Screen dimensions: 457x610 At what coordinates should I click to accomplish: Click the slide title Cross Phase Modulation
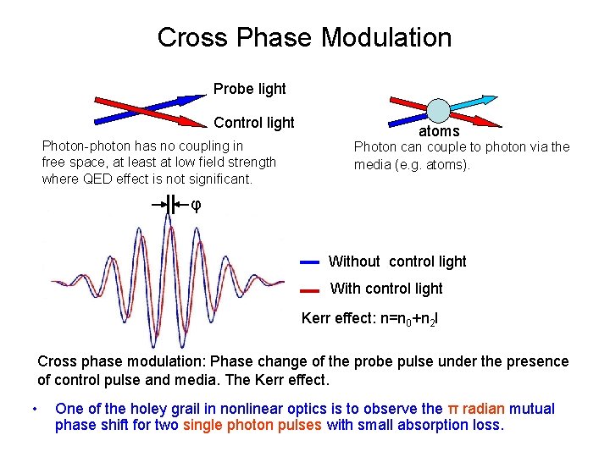[x=304, y=37]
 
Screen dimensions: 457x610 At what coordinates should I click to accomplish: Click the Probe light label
[x=249, y=89]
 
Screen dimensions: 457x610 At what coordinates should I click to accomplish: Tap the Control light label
[x=254, y=123]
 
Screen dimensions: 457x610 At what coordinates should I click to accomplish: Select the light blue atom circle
[x=438, y=111]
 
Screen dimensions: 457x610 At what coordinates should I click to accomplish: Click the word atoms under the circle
[x=439, y=131]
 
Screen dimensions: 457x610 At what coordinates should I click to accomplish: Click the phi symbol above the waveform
[x=196, y=205]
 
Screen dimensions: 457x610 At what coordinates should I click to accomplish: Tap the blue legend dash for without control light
[x=309, y=262]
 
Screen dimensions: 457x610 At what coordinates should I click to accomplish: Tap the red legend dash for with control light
[x=309, y=290]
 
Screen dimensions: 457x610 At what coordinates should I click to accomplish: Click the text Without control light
[x=396, y=262]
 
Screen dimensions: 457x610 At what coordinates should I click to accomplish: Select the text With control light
[x=385, y=289]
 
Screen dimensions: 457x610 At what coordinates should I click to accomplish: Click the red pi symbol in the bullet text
[x=452, y=409]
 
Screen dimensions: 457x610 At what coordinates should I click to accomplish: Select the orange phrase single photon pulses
[x=252, y=425]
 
